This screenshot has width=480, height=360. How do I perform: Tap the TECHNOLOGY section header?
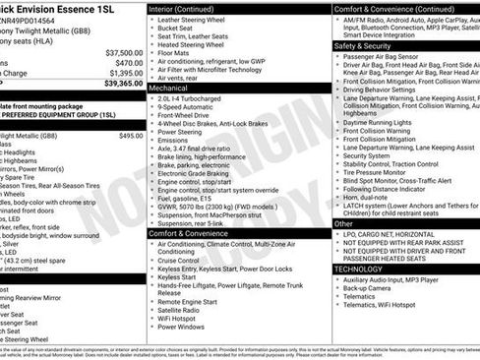tap(358, 268)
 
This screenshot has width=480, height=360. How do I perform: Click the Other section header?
tap(344, 223)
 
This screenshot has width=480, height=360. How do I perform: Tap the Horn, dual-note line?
tap(369, 198)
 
